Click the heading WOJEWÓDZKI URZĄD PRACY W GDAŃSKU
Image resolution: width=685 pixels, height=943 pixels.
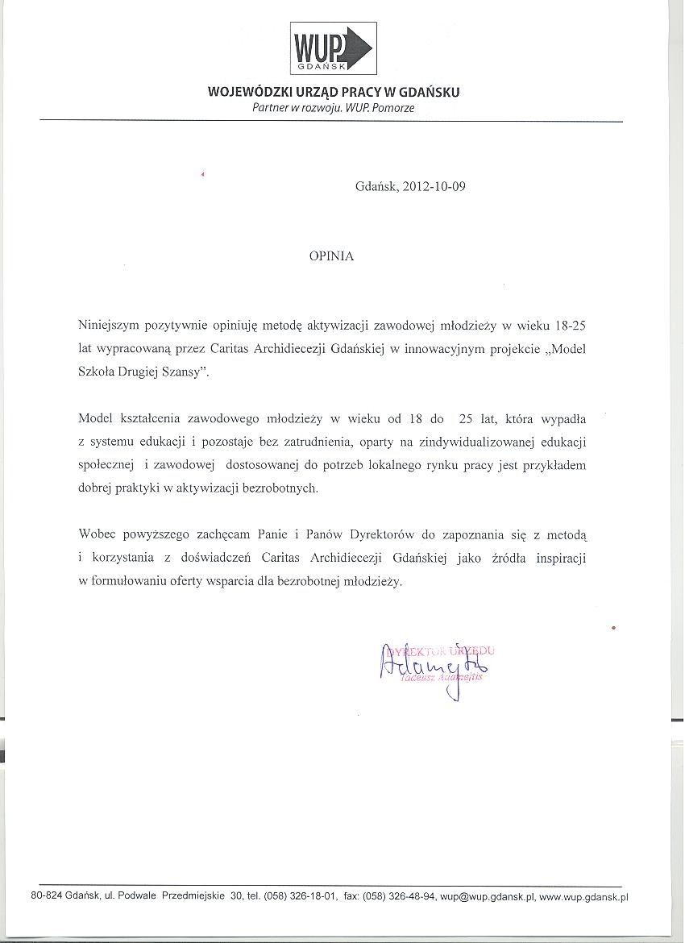[x=334, y=92]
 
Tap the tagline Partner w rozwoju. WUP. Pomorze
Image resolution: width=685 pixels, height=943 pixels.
[x=333, y=108]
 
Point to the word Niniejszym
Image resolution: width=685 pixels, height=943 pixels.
[x=108, y=326]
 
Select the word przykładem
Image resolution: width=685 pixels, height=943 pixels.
[x=554, y=465]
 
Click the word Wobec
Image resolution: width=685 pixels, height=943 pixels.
[x=97, y=535]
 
